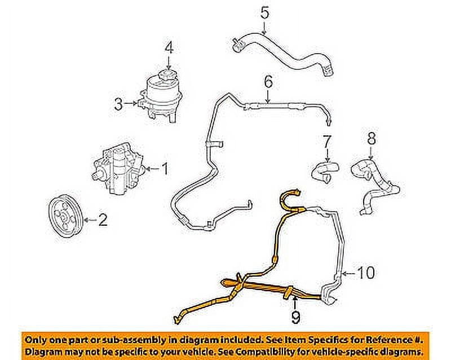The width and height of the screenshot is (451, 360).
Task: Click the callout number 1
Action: click(165, 168)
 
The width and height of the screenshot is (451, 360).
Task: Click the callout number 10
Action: click(367, 274)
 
